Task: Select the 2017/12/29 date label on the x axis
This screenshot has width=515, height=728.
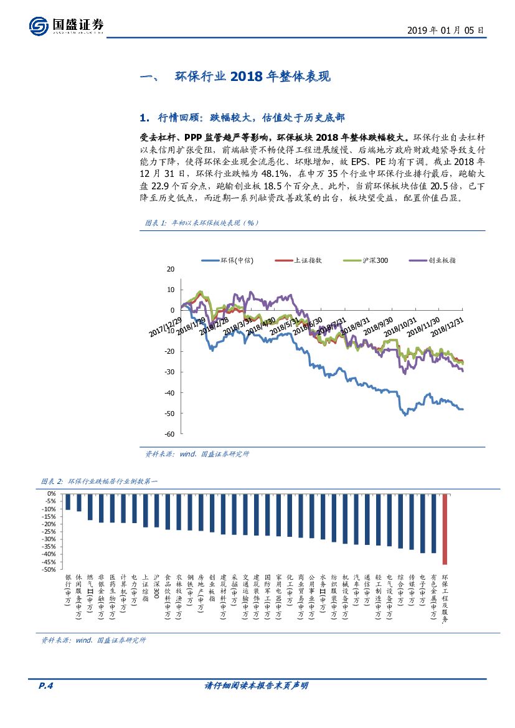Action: (x=166, y=326)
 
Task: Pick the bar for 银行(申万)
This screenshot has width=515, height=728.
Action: (x=68, y=501)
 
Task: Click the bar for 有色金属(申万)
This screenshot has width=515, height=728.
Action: (x=433, y=522)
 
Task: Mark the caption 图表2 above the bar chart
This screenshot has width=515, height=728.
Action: (x=91, y=481)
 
